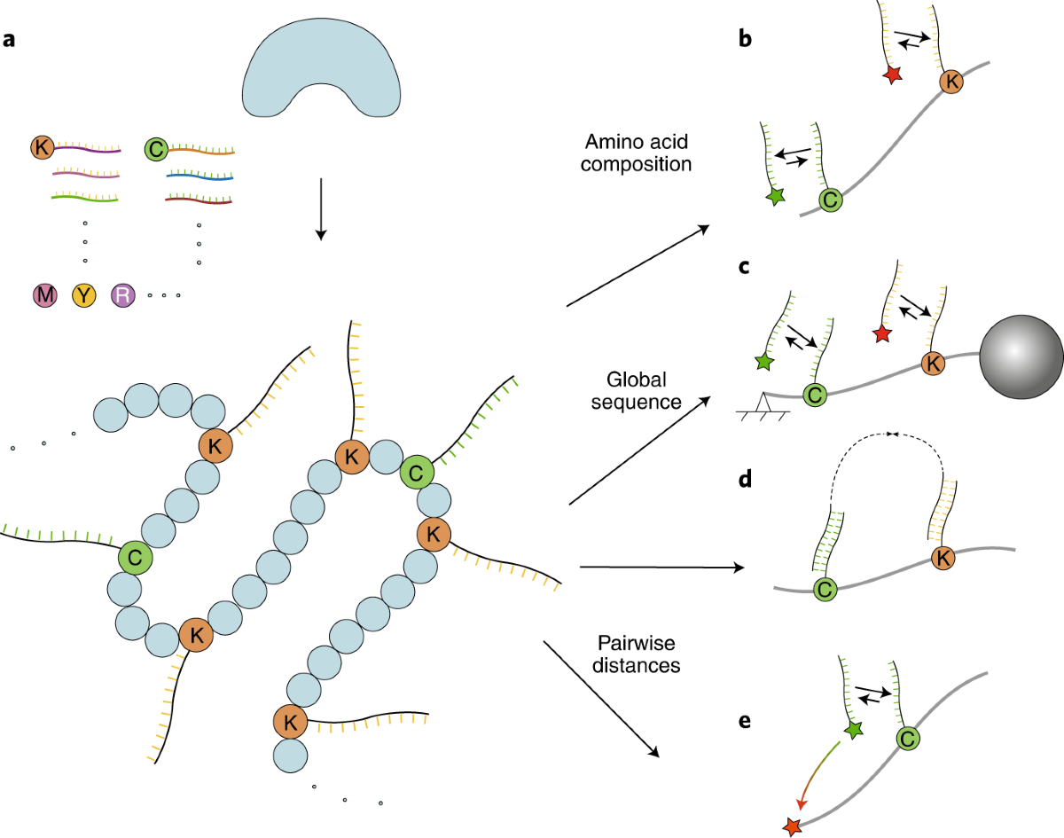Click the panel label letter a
click(x=9, y=40)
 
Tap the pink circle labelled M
click(x=45, y=295)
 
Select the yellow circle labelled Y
click(x=84, y=295)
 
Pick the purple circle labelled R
click(x=123, y=295)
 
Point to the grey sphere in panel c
click(x=1021, y=356)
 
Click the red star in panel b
click(x=893, y=74)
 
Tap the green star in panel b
click(x=775, y=196)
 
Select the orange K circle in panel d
click(x=943, y=558)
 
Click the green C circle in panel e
click(x=908, y=739)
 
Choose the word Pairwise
click(x=637, y=643)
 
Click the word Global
click(x=637, y=380)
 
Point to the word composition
click(x=636, y=165)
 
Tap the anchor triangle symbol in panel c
click(x=763, y=403)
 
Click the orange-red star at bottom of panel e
click(x=792, y=826)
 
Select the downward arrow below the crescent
click(x=321, y=209)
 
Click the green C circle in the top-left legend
click(x=156, y=149)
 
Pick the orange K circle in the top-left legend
click(x=42, y=147)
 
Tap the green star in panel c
click(x=764, y=362)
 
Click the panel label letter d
click(x=745, y=480)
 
